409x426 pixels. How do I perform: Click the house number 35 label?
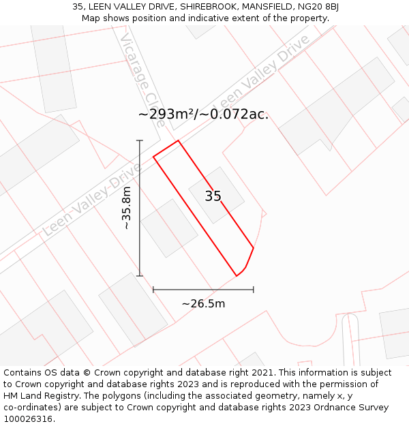tap(213, 196)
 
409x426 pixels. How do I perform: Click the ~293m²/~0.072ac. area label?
tap(203, 114)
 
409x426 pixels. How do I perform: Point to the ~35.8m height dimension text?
tap(126, 208)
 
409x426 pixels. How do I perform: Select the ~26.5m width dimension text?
tap(203, 303)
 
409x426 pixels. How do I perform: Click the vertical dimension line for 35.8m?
tap(140, 225)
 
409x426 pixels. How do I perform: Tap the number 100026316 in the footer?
tap(29, 419)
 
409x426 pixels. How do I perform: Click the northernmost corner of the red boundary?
tap(178, 141)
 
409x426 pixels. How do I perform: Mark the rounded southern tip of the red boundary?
tap(237, 275)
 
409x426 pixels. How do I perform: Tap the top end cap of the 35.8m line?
tap(140, 140)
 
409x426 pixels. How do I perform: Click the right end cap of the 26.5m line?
tap(254, 290)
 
